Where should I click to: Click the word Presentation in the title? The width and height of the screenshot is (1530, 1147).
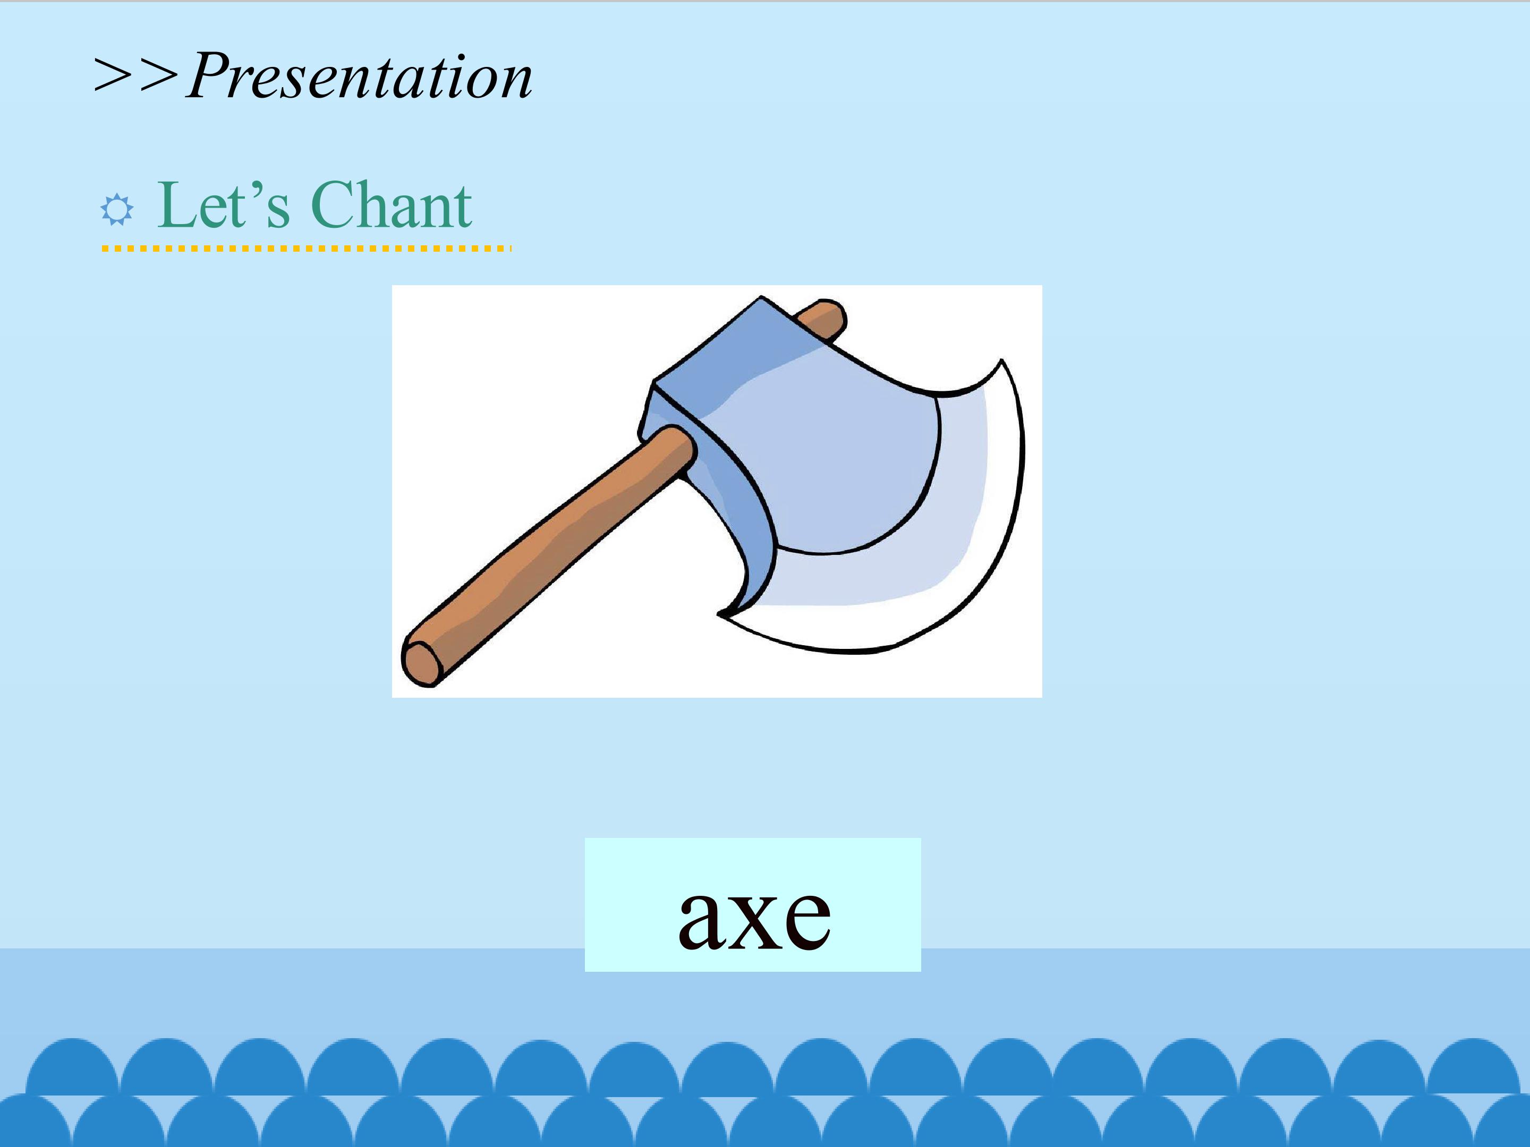tap(360, 75)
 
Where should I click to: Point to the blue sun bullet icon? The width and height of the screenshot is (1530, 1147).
tap(117, 210)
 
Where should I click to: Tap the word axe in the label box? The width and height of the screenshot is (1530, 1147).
tap(754, 918)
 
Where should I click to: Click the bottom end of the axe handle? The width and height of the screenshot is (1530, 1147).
tap(422, 662)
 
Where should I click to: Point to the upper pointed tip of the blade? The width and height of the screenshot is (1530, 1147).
tap(1001, 361)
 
